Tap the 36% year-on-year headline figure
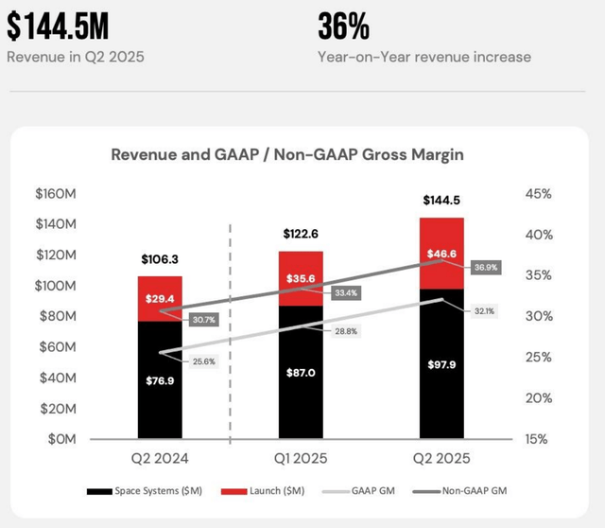click(344, 25)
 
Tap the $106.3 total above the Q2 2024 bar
click(160, 258)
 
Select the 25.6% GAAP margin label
click(199, 361)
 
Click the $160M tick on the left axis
click(58, 194)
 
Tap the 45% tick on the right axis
click(538, 194)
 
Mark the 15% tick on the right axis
click(538, 440)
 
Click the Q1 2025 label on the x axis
click(300, 459)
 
